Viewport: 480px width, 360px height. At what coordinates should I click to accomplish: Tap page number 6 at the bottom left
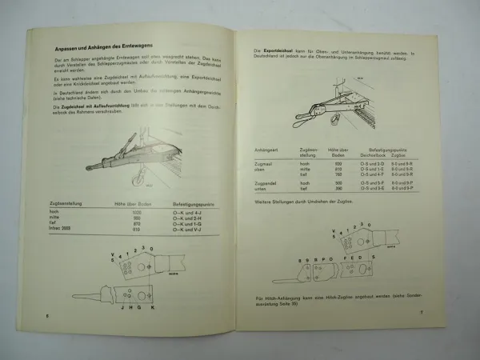(x=48, y=316)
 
